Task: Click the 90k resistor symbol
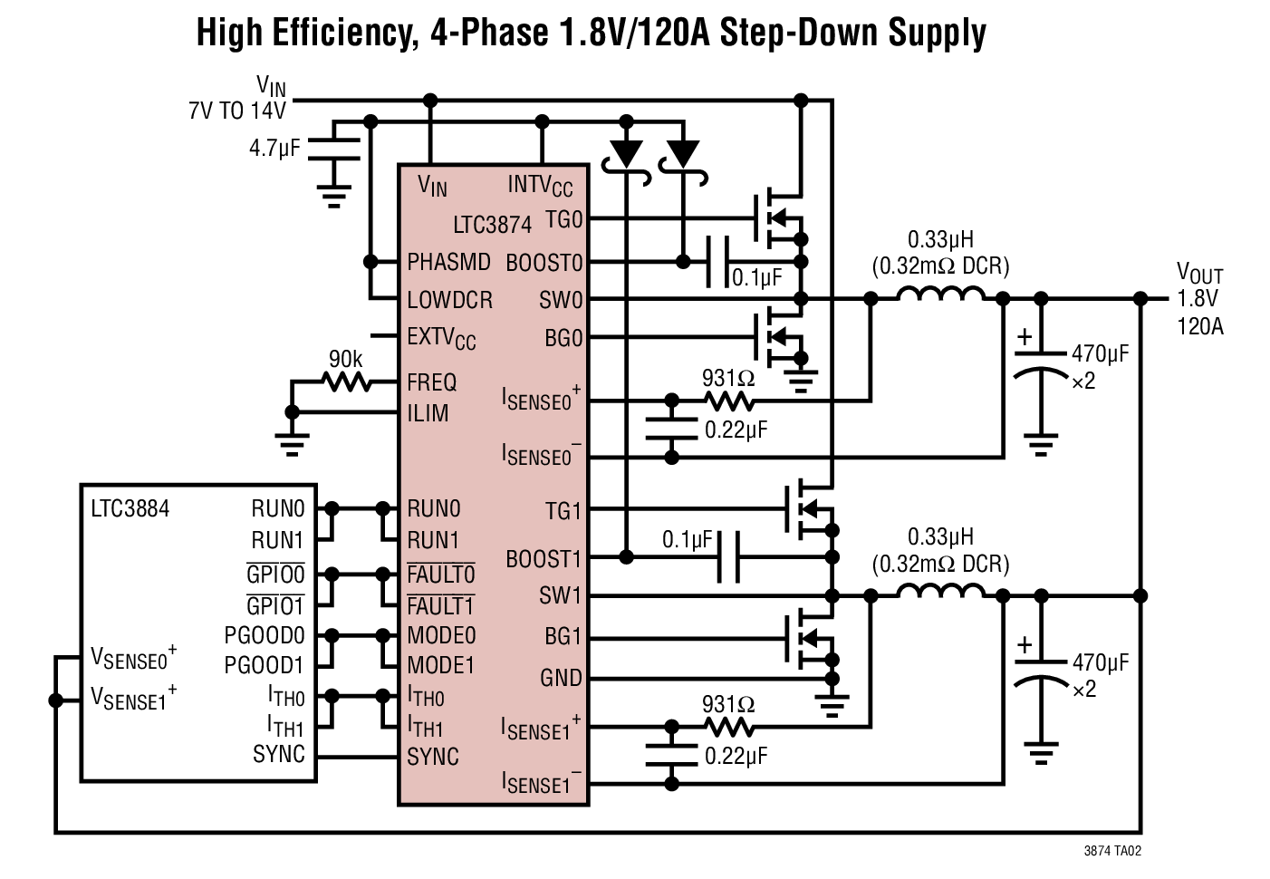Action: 346,382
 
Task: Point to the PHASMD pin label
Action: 448,263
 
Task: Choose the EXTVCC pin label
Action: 441,338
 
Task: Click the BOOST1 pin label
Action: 544,559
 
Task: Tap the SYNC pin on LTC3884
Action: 279,754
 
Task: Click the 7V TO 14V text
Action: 236,111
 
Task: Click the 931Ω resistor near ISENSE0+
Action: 728,400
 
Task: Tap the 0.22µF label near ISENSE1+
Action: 736,755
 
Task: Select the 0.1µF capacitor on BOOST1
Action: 728,556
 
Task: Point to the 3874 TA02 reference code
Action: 1112,851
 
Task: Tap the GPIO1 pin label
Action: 275,604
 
